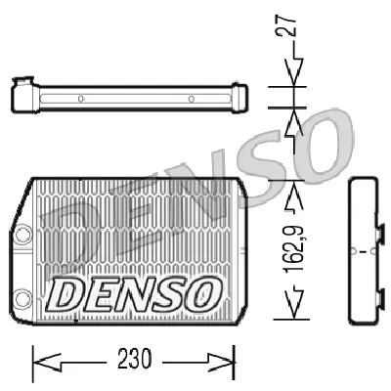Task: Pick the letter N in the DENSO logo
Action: pyautogui.click(x=134, y=290)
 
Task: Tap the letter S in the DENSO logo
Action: pyautogui.click(x=168, y=290)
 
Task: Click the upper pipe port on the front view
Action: pyautogui.click(x=21, y=235)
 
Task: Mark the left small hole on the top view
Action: pyautogui.click(x=81, y=98)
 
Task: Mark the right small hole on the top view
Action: pyautogui.click(x=192, y=98)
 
